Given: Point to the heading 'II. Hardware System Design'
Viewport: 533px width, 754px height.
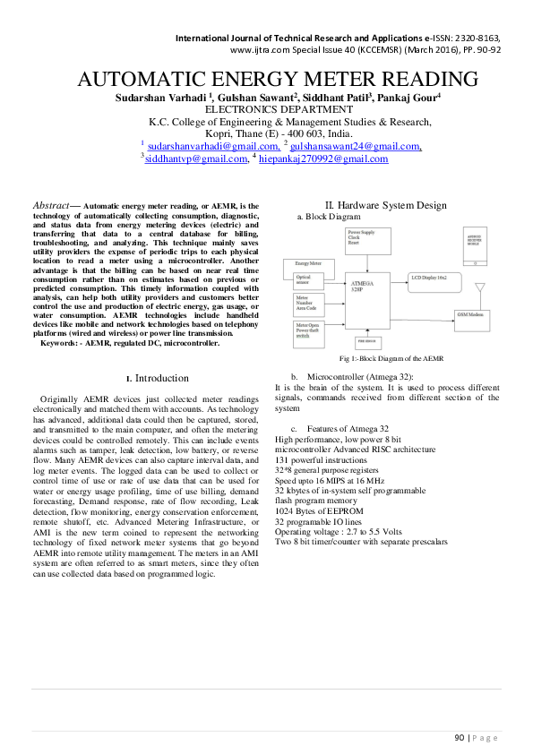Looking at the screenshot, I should [385, 205].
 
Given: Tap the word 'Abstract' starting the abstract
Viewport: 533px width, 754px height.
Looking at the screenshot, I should [50, 206].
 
